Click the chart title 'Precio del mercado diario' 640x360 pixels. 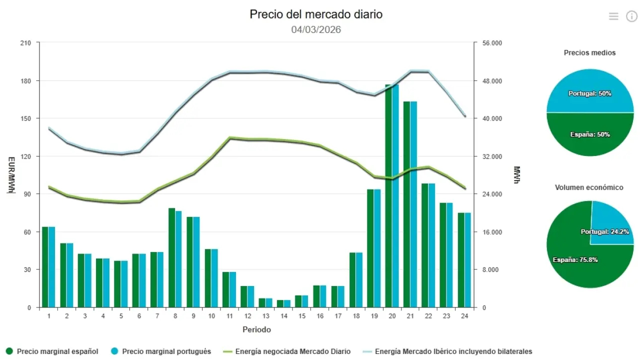[x=316, y=14]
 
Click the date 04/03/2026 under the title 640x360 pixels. [x=316, y=29]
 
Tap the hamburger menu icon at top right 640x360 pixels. [x=613, y=16]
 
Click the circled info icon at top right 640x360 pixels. [x=631, y=16]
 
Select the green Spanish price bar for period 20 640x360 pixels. [x=388, y=200]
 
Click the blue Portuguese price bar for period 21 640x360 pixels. [x=413, y=205]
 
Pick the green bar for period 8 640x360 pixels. [x=171, y=257]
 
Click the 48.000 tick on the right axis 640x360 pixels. [x=492, y=81]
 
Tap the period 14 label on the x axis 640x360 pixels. [x=284, y=316]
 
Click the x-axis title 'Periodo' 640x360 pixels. [x=256, y=329]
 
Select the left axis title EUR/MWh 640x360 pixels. [x=11, y=175]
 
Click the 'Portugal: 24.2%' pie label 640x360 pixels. [x=604, y=232]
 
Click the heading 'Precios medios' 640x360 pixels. [x=589, y=52]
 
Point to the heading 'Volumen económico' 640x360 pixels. [x=589, y=187]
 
